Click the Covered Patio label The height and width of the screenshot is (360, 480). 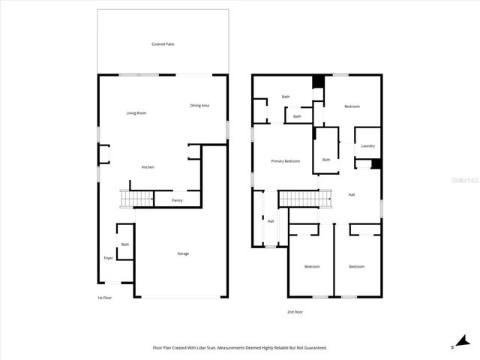tap(163, 44)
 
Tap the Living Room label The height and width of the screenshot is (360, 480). tap(136, 112)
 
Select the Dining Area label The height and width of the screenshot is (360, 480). tap(199, 105)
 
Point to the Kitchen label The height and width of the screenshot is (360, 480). tap(148, 166)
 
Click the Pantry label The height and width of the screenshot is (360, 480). tap(177, 200)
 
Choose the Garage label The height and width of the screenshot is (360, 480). tap(183, 253)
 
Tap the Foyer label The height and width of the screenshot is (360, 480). tap(108, 258)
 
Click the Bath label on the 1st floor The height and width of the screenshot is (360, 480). tap(125, 244)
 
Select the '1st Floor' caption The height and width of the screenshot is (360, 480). tap(104, 298)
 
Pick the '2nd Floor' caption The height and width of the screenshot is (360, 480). tap(295, 311)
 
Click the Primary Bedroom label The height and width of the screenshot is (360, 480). tap(286, 161)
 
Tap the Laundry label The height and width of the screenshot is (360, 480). tap(367, 145)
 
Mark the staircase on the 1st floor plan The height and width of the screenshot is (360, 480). tap(136, 199)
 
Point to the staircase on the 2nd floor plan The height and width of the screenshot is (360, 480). tap(304, 199)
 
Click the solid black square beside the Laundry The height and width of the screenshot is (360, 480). tap(376, 164)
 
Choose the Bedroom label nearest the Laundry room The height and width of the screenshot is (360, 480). tap(352, 106)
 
